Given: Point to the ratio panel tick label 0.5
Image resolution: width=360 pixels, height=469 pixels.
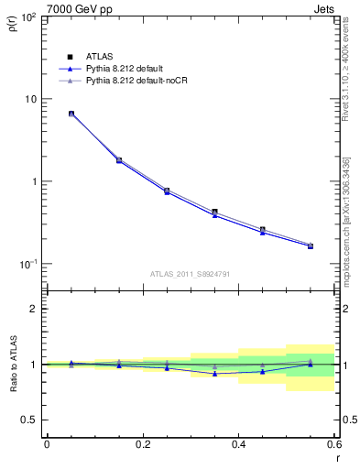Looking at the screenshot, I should coord(28,420).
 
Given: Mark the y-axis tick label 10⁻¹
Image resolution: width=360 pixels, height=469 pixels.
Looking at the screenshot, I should coord(27,264).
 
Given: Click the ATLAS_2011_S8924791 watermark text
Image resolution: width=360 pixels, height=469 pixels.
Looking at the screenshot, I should coord(191,273).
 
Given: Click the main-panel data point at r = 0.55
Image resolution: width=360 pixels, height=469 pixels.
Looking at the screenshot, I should coord(311,245).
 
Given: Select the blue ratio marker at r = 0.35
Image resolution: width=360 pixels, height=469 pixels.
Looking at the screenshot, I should coord(214,374).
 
